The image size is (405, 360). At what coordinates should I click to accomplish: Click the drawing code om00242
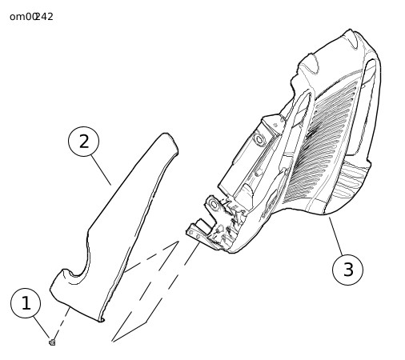click(x=31, y=17)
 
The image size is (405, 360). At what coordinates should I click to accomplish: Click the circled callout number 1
click(x=26, y=303)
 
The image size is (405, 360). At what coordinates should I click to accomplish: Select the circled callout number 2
click(x=84, y=142)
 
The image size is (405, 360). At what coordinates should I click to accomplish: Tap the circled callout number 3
click(x=347, y=270)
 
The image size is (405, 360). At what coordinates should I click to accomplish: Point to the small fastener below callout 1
click(x=52, y=342)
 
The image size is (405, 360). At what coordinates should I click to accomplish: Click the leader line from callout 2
click(x=101, y=170)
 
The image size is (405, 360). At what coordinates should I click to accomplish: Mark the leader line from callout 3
click(x=336, y=236)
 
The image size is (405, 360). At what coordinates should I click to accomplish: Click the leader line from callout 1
click(x=42, y=327)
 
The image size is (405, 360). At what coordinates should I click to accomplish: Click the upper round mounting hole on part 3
click(x=259, y=139)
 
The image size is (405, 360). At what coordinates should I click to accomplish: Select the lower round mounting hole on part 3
click(x=214, y=205)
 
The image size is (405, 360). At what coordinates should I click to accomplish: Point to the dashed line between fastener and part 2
click(x=62, y=322)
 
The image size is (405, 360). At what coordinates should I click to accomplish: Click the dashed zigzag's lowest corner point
click(x=112, y=341)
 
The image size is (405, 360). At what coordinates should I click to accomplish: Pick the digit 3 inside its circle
click(x=348, y=270)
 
